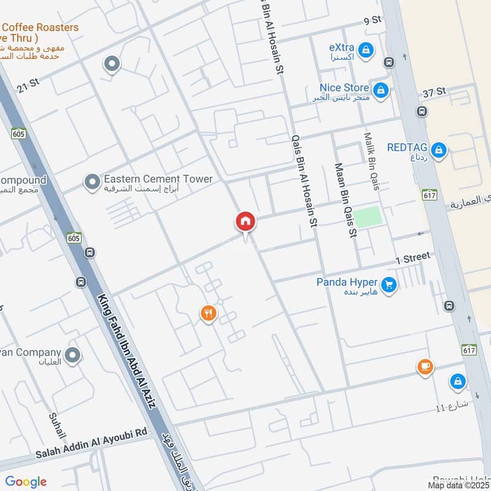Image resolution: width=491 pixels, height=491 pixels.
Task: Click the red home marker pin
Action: [x=245, y=222]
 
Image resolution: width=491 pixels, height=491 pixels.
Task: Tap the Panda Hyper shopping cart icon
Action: [x=388, y=284]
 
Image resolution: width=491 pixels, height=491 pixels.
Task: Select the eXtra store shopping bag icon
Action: [x=366, y=50]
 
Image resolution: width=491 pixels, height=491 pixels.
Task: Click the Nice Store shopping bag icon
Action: [x=381, y=90]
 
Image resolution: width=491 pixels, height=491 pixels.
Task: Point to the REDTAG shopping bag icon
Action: [x=438, y=149]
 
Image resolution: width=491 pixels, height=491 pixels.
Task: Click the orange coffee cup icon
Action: [x=425, y=367]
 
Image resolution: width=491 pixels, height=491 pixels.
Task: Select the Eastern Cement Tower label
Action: [x=158, y=179]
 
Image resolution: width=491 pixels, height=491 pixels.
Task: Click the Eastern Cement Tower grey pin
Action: [x=92, y=182]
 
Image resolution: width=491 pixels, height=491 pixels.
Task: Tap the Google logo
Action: [x=26, y=482]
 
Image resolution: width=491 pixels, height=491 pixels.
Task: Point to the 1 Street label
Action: [x=413, y=258]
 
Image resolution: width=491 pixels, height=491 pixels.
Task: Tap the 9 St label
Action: [x=373, y=20]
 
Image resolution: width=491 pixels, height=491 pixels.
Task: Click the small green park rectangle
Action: [x=368, y=217]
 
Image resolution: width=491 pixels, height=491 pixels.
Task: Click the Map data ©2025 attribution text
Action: [x=458, y=485]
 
